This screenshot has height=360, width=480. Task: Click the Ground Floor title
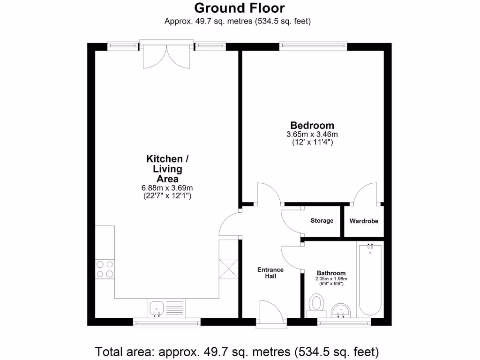point(239,8)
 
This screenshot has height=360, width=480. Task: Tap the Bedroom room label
point(312,126)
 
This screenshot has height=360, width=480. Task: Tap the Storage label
point(322,221)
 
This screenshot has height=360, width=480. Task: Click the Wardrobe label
point(364,221)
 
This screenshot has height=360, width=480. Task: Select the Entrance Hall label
point(270,273)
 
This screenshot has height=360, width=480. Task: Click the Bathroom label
point(331,273)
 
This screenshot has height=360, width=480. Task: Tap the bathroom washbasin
point(341,310)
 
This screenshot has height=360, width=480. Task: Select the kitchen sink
point(157,308)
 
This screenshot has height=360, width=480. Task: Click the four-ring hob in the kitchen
point(105,269)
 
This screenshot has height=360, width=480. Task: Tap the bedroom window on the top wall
point(313,46)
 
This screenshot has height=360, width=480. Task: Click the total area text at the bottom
point(237,351)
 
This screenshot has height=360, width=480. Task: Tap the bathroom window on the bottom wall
point(344,322)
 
